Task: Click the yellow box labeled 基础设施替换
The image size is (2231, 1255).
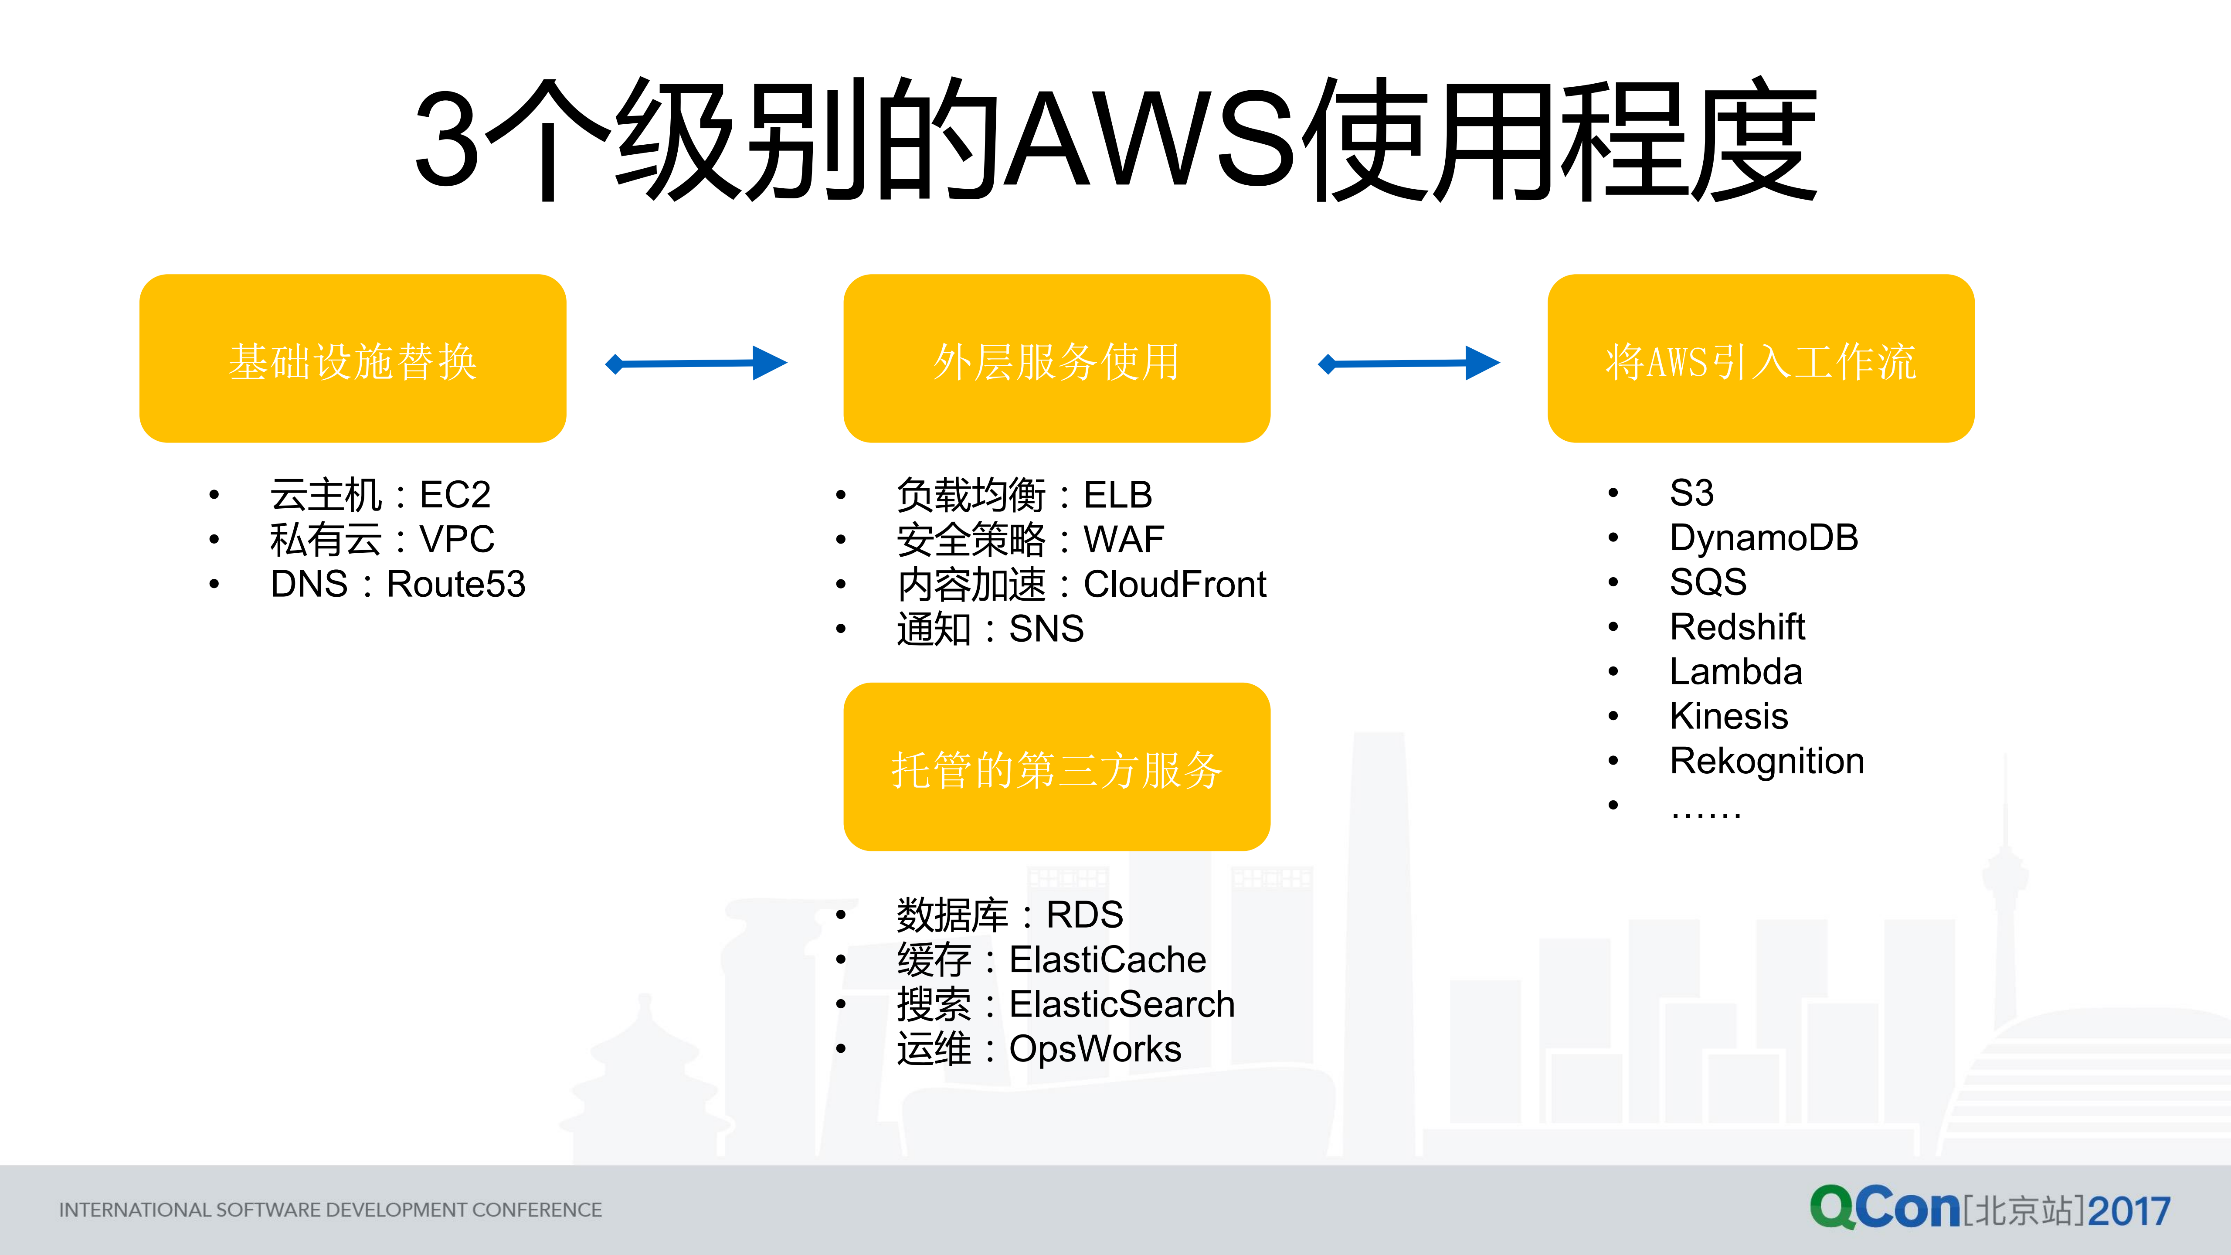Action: [353, 359]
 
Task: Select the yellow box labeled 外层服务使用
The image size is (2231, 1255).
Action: [1056, 359]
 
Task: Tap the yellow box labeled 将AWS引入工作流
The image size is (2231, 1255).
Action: [1761, 359]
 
